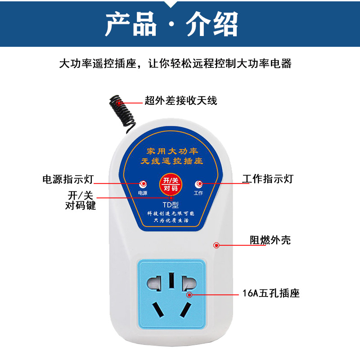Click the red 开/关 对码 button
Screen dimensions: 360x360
[171, 184]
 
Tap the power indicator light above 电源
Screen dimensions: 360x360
[143, 184]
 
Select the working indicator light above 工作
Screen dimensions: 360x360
[199, 184]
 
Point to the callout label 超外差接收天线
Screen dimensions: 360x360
[181, 100]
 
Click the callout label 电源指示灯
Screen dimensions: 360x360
[68, 179]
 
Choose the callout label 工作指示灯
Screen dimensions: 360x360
[268, 179]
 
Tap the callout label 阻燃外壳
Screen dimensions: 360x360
[270, 240]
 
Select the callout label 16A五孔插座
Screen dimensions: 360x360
[271, 293]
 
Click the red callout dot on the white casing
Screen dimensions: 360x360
[216, 245]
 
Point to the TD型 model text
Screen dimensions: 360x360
[171, 205]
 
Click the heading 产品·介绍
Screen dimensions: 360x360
[171, 24]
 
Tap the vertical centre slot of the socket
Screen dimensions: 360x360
[171, 280]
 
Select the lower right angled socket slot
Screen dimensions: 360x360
[185, 310]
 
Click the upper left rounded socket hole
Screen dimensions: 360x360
[154, 283]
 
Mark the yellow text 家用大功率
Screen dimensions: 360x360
[172, 151]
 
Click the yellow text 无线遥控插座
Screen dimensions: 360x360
[172, 161]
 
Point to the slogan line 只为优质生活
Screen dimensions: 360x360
[171, 220]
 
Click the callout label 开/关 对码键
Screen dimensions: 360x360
[81, 200]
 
